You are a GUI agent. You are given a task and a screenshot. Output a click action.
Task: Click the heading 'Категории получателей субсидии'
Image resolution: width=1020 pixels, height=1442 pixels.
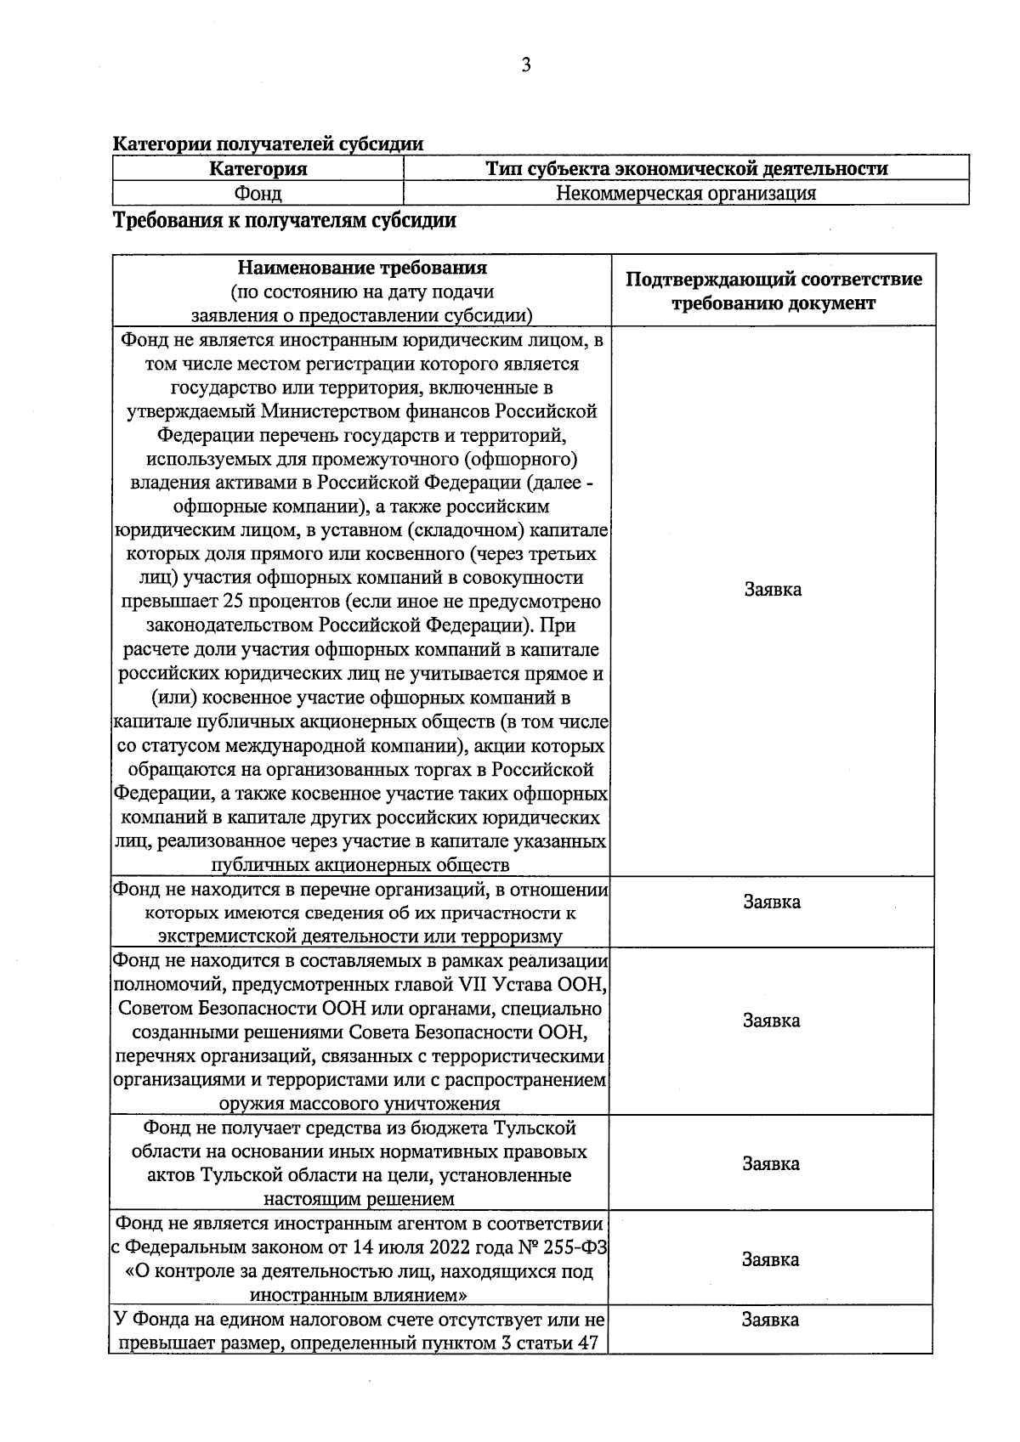[x=268, y=144]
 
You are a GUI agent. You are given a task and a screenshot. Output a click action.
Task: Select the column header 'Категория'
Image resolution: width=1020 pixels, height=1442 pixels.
[x=258, y=168]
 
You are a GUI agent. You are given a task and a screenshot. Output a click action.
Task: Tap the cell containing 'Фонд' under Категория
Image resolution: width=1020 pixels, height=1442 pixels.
[x=258, y=193]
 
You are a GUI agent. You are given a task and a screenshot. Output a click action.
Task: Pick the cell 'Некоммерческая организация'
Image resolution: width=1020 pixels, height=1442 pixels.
[x=685, y=193]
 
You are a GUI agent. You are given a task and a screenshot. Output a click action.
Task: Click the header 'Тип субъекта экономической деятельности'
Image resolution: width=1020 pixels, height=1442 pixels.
[x=685, y=168]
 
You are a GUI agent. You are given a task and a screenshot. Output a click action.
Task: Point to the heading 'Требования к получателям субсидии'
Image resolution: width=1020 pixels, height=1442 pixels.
[x=285, y=221]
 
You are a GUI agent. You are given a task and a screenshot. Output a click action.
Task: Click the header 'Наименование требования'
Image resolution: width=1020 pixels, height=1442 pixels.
[x=362, y=269]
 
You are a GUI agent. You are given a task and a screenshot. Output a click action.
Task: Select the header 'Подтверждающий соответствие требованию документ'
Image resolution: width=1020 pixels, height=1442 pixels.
[x=773, y=291]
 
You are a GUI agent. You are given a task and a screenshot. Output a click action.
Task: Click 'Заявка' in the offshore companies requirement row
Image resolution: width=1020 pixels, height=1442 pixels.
[x=772, y=589]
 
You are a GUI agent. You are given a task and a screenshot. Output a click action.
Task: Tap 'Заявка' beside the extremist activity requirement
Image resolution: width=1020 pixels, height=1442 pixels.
[x=771, y=902]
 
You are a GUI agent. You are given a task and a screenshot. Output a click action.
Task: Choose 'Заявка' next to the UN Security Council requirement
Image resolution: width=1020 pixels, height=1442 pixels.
[x=771, y=1021]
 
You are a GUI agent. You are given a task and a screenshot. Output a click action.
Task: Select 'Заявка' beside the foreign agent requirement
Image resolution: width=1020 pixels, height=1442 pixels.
[x=770, y=1259]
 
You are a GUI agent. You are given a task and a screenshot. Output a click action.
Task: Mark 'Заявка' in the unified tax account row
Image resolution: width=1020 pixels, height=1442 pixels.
[x=770, y=1320]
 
